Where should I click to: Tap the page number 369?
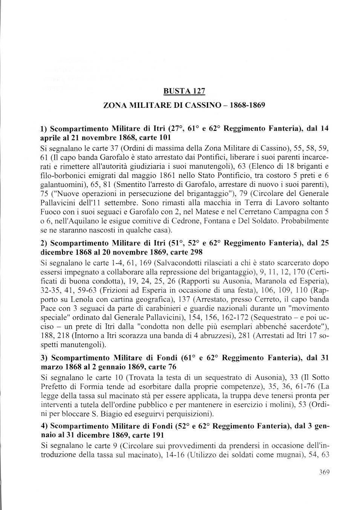[x=324, y=472]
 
